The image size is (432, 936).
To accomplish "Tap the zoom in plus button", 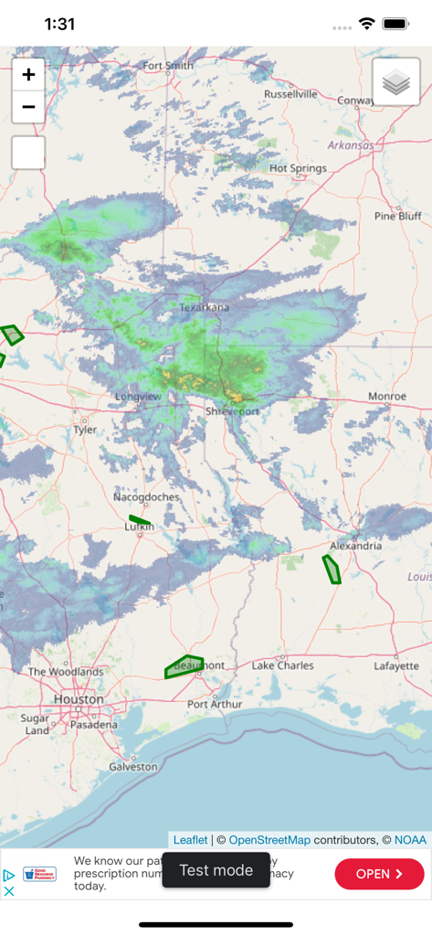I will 28,75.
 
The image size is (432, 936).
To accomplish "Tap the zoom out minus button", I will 28,107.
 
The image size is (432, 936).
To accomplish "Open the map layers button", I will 396,82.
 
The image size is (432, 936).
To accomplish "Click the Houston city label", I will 79,699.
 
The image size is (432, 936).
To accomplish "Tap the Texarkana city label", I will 205,307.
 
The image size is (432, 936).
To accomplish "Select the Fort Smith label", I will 168,66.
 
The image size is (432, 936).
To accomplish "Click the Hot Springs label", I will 298,168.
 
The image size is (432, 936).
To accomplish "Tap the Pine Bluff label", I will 398,216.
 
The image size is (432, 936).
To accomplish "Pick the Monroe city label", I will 386,396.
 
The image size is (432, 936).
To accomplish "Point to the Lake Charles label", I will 282,665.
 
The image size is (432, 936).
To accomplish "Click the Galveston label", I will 133,767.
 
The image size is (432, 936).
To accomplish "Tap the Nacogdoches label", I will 146,496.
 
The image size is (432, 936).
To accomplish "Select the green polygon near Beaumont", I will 184,666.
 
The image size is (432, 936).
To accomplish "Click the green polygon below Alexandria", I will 332,569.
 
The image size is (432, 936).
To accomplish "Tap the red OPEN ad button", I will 379,874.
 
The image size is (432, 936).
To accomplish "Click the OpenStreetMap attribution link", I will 269,840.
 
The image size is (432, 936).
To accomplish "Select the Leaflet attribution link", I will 190,840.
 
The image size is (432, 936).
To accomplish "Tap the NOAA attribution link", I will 410,840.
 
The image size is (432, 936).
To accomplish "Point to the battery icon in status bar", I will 395,24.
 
